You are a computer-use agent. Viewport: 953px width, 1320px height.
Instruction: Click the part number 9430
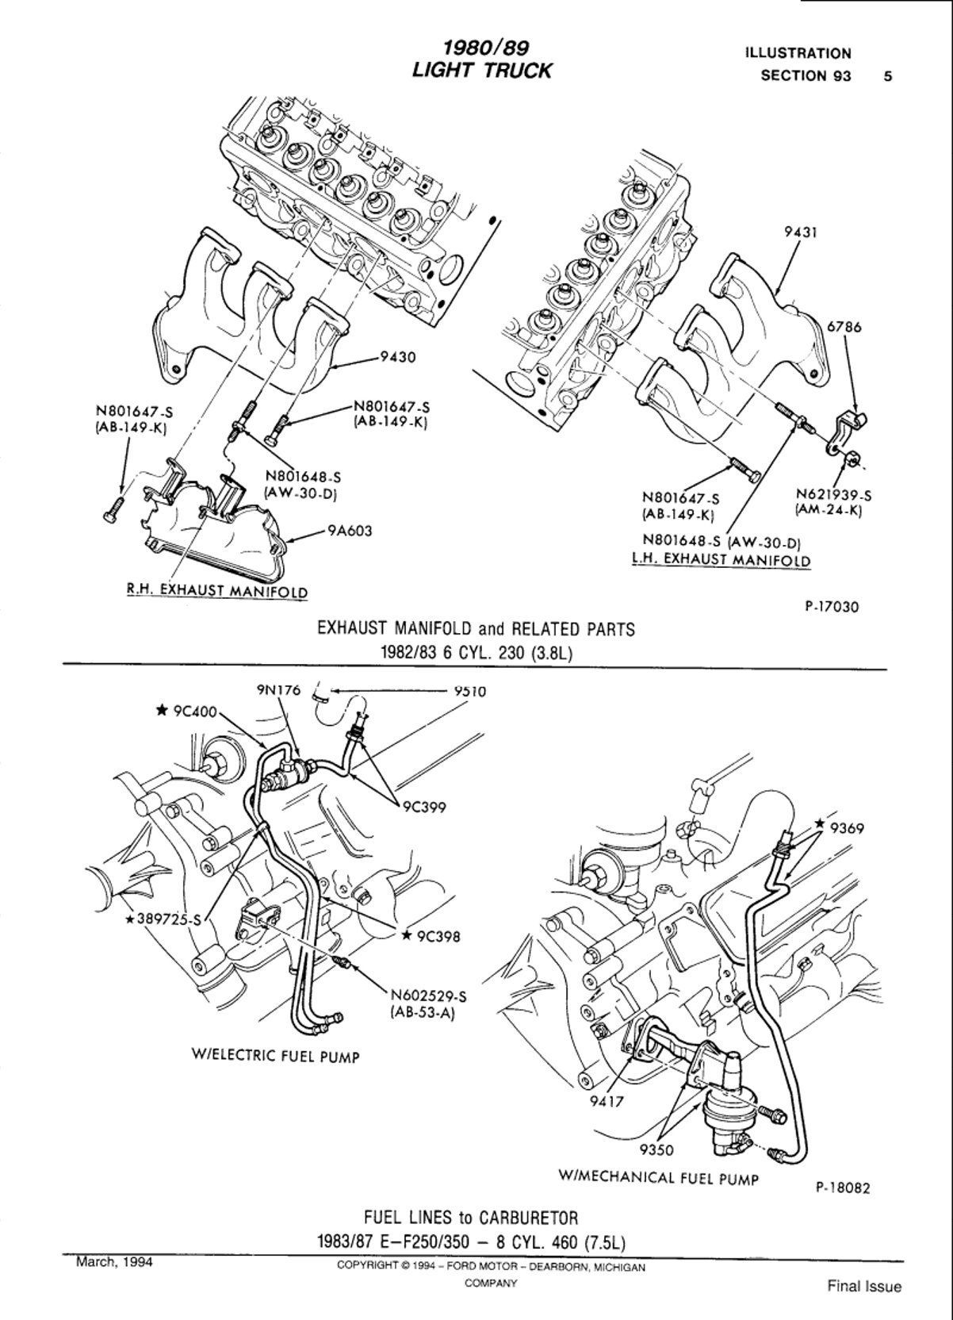point(398,358)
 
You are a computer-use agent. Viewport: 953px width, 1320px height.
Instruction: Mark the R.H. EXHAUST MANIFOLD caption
point(217,591)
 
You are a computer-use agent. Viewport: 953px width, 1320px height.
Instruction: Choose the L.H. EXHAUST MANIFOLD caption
point(721,559)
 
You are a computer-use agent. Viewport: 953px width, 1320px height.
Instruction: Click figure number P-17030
point(832,607)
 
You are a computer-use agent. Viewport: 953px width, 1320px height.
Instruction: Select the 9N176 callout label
point(278,690)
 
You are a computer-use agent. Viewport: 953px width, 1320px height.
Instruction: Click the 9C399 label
point(423,808)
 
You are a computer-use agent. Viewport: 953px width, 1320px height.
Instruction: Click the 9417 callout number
point(607,1102)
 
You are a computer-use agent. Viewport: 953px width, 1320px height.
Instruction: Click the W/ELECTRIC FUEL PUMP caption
point(275,1056)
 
